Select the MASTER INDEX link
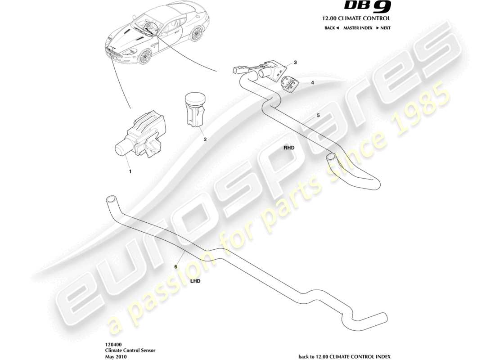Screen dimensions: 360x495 [x=357, y=28]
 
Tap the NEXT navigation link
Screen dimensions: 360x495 [x=383, y=28]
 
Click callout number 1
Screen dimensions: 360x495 [x=130, y=171]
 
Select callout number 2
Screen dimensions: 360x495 [x=205, y=139]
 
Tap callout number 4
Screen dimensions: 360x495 [x=312, y=83]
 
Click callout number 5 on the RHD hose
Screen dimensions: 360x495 [x=318, y=116]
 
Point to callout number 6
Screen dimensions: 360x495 [x=176, y=267]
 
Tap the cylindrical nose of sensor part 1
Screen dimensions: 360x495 [x=121, y=148]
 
